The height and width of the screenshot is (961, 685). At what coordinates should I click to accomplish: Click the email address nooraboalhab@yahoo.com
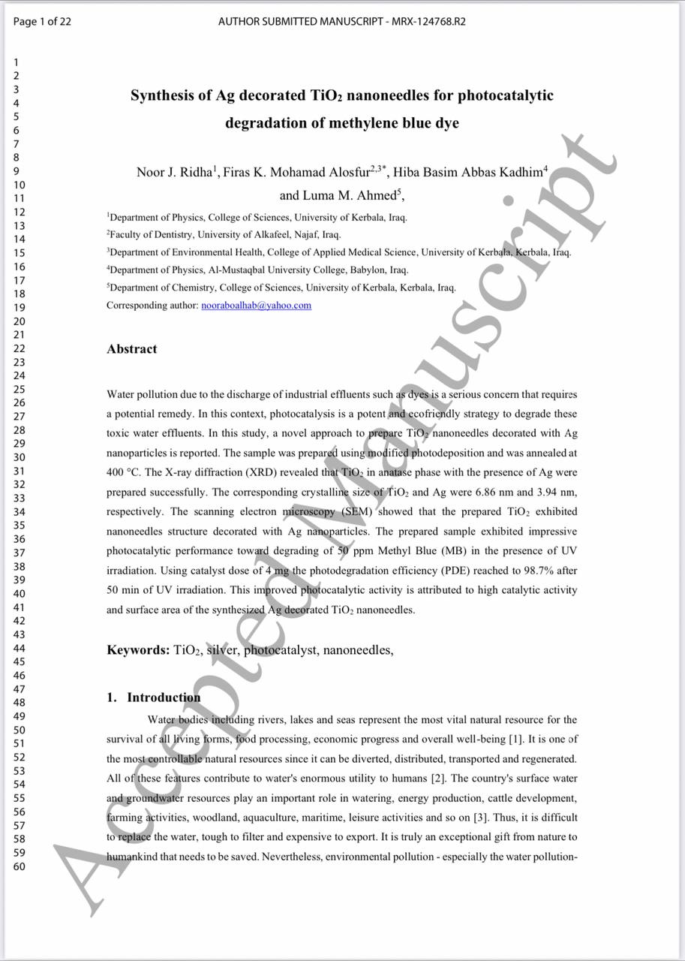pyautogui.click(x=256, y=306)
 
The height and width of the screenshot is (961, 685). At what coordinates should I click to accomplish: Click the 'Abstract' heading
pyautogui.click(x=132, y=349)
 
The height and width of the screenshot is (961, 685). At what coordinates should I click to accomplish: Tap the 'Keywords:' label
pyautogui.click(x=138, y=650)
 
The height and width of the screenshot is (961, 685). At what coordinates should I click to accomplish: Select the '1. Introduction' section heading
pyautogui.click(x=154, y=697)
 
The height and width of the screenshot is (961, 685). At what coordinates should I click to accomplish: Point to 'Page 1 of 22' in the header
pyautogui.click(x=43, y=22)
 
